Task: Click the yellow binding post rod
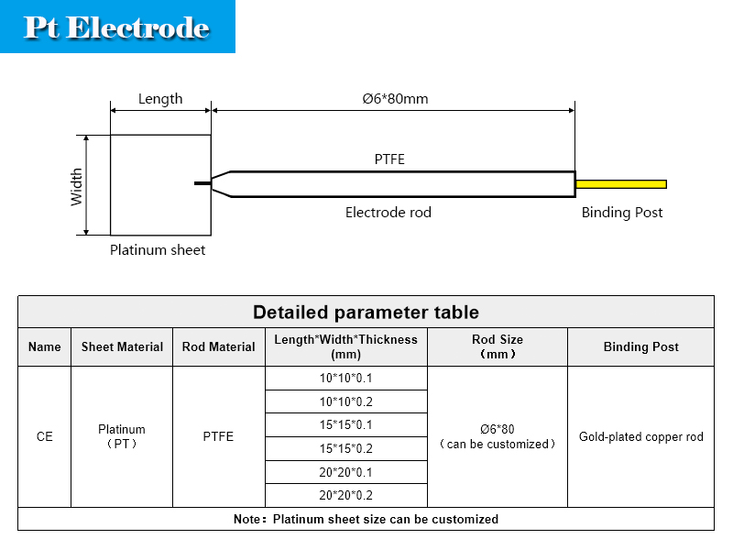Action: [x=621, y=184]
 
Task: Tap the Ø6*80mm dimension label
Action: [x=395, y=99]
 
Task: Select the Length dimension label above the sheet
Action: [x=160, y=99]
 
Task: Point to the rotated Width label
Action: [x=76, y=187]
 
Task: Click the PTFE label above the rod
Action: [x=389, y=159]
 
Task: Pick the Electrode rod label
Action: [x=388, y=213]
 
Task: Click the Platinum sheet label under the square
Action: [x=158, y=250]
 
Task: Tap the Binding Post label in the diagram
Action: [x=622, y=213]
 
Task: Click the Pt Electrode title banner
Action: [x=117, y=27]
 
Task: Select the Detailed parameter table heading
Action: [x=366, y=312]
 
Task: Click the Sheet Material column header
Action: [x=122, y=346]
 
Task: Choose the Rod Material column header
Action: [x=218, y=346]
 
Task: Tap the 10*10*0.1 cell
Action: [x=346, y=378]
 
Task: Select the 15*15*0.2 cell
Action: [x=346, y=448]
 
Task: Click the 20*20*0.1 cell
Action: [x=346, y=472]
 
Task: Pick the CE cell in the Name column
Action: [x=44, y=437]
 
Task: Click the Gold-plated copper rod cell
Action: [x=640, y=437]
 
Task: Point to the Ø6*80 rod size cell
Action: [x=498, y=436]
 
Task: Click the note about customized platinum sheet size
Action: [x=366, y=519]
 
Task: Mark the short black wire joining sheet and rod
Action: [x=202, y=183]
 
